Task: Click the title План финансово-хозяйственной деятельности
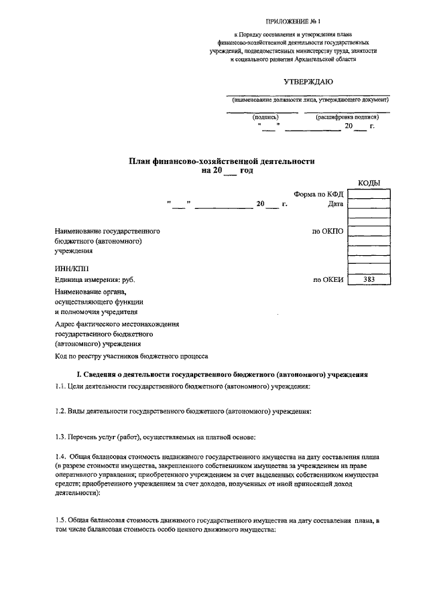point(221,161)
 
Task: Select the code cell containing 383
point(369,280)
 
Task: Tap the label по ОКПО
point(328,231)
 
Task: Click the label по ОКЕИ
point(328,280)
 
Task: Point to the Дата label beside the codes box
point(335,204)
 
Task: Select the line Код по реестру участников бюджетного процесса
point(131,357)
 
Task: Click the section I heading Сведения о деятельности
point(221,374)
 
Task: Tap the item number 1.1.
point(61,386)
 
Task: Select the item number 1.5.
point(61,520)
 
